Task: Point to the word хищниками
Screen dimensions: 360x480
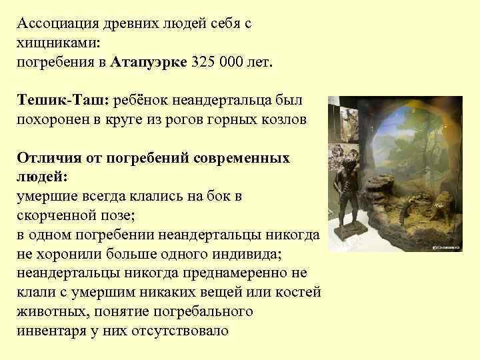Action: [x=57, y=43]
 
